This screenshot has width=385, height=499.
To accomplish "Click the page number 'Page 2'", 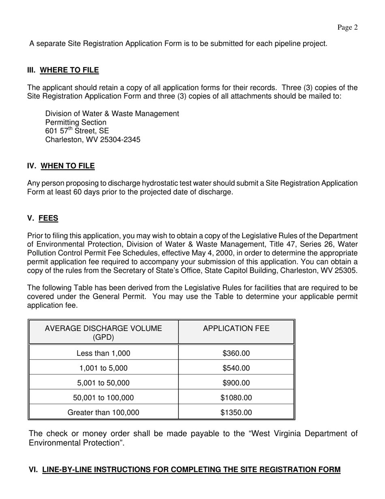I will coord(347,28).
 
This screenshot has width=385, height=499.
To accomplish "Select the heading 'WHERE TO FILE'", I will coord(69,70).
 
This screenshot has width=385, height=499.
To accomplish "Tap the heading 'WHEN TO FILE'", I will coord(68,166).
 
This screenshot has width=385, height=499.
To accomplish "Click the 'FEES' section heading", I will coord(48,219).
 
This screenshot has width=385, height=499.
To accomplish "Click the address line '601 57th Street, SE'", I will coord(77,131).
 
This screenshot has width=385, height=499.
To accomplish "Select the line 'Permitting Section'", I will coord(76,123).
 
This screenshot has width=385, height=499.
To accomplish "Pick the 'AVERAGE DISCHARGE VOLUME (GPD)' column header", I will coord(103,332).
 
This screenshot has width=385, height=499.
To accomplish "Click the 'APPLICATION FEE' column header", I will coord(236,329).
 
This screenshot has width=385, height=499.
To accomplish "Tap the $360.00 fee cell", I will coord(236,353).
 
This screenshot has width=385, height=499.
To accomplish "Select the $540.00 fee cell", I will coord(236,368).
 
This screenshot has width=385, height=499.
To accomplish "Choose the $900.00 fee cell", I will coord(236,383).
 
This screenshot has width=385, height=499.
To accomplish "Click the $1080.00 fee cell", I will coord(236,398).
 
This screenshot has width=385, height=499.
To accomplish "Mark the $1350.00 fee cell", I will coord(236,413).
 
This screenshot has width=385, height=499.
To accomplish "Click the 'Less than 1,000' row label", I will coord(103,353).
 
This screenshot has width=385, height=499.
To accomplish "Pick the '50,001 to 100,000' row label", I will coord(103,398).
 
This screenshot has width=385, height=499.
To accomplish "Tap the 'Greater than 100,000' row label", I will coord(103,413).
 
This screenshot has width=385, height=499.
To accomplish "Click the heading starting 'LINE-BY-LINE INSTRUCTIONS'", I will coord(191,470).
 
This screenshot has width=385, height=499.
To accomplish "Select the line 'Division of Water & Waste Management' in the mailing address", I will coord(112,114).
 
